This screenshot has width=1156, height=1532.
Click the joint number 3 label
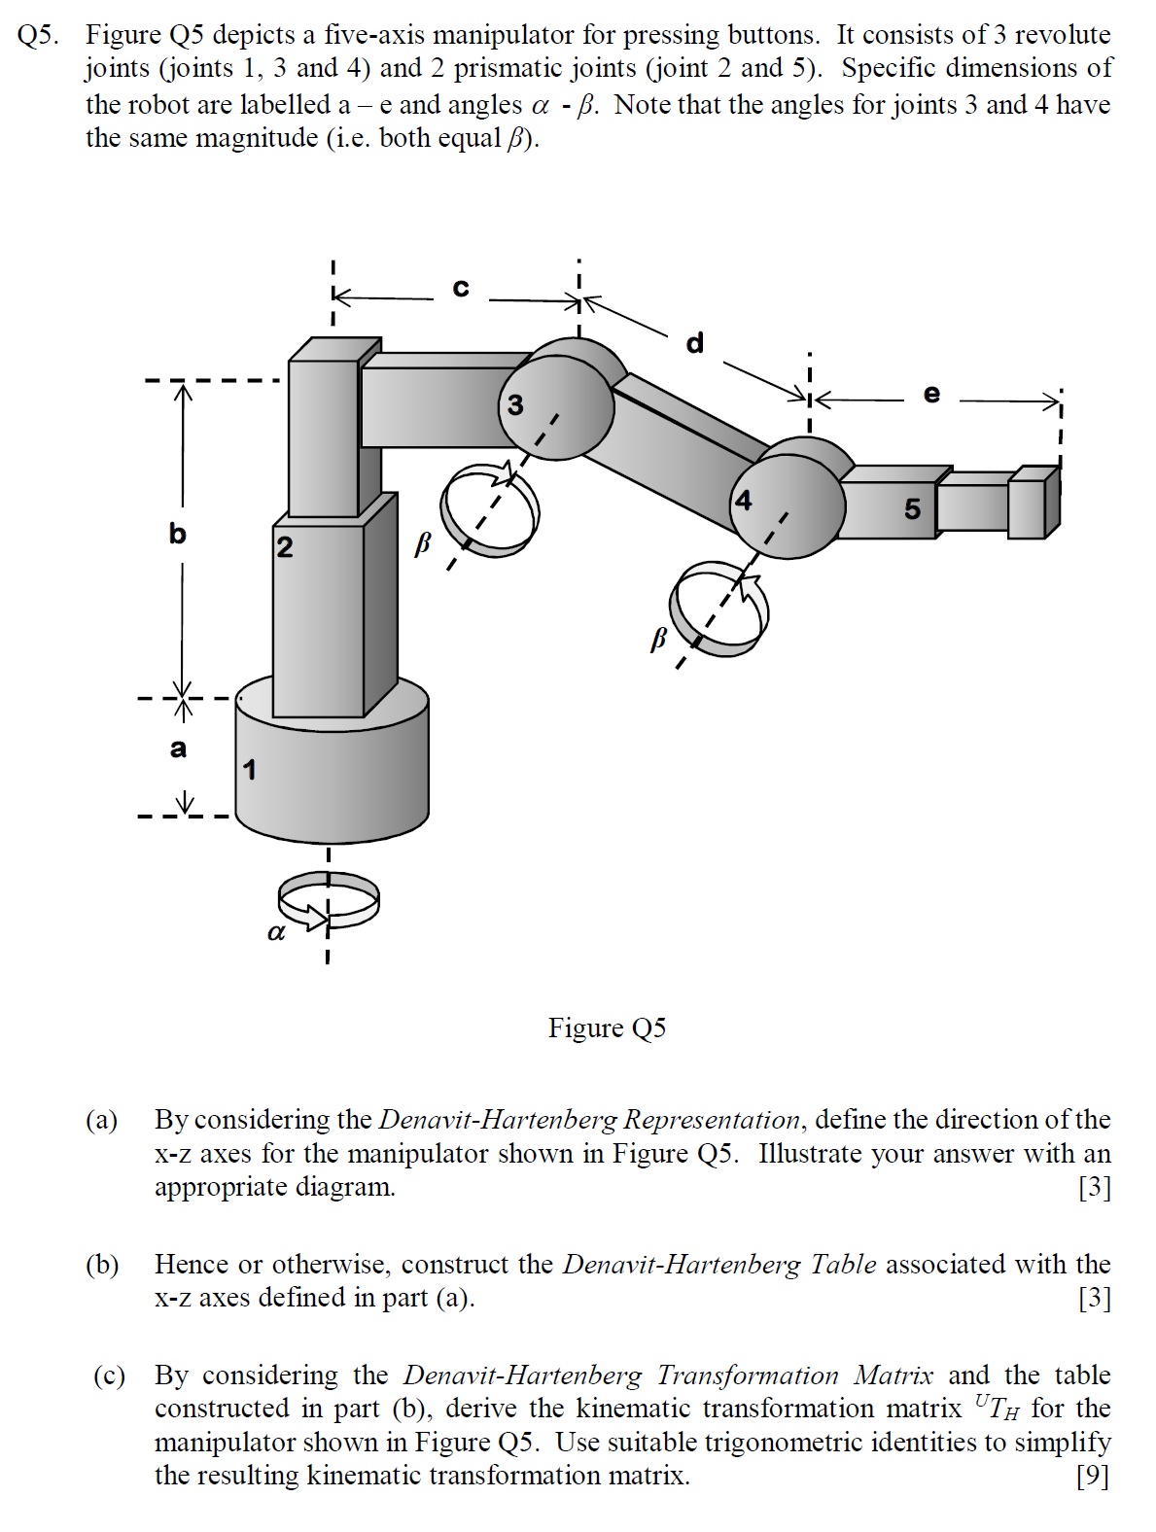[x=515, y=404]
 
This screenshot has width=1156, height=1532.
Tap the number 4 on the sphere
[x=744, y=501]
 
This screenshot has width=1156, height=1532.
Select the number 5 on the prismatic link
[x=912, y=508]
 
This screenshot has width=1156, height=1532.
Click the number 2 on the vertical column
[x=284, y=546]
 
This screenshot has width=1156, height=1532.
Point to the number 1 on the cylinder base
[x=250, y=770]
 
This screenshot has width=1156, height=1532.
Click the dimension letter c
[x=461, y=288]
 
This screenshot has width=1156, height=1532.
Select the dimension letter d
[x=694, y=343]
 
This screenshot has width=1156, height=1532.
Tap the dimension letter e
[x=931, y=394]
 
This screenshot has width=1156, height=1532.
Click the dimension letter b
[x=177, y=534]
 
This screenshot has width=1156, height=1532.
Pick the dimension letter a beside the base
[x=178, y=749]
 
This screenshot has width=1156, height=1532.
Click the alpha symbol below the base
[x=276, y=933]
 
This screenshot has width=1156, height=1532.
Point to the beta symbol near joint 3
[x=422, y=543]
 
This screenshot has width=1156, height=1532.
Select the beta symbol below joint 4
[x=658, y=638]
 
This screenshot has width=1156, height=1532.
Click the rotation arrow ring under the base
[x=329, y=899]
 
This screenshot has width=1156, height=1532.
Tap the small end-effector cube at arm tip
[x=1033, y=503]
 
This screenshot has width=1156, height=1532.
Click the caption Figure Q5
[x=607, y=1028]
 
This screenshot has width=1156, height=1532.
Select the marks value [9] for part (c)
[x=1092, y=1476]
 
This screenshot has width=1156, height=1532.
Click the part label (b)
[x=102, y=1265]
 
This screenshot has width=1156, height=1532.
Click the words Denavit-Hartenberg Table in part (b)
[x=719, y=1265]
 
